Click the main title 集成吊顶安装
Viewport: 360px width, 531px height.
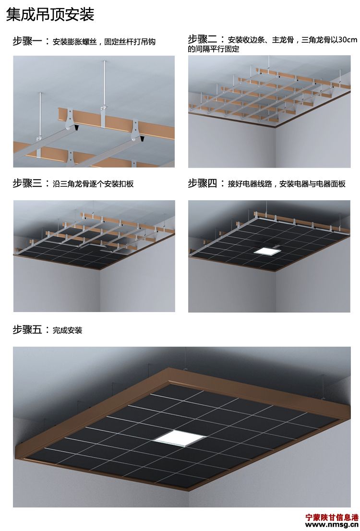50,15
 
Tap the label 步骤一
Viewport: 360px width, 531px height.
28,41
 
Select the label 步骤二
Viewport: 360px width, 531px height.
203,39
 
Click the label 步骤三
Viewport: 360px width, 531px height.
28,183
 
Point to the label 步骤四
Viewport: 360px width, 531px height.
203,183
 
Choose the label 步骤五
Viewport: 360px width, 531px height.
28,330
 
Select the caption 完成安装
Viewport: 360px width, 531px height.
68,330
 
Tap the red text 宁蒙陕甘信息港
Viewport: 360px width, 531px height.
332,518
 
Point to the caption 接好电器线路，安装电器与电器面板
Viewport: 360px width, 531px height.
287,184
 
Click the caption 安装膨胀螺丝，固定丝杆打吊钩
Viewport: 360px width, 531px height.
104,42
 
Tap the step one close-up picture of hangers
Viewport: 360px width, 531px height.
94,111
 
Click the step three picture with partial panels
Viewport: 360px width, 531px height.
94,256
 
